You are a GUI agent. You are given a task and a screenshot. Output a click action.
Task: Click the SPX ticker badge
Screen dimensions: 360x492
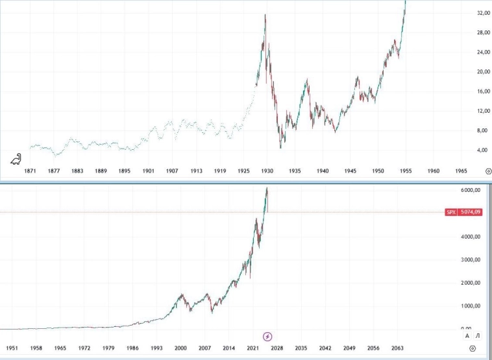click(x=451, y=212)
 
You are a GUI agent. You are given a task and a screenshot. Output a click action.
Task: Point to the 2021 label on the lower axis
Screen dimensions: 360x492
click(x=252, y=348)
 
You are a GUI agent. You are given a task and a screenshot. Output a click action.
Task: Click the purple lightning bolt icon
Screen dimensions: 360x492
click(x=267, y=336)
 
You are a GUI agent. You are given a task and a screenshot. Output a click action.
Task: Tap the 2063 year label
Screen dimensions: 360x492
click(x=399, y=348)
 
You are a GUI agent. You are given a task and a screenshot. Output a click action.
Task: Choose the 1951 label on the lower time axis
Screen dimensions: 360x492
click(x=12, y=348)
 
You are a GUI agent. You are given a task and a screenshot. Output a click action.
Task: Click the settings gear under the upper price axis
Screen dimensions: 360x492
click(x=487, y=171)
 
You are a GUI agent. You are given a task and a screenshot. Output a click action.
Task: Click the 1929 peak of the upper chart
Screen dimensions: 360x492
click(x=265, y=15)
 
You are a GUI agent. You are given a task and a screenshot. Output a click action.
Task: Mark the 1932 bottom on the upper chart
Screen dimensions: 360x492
click(x=281, y=147)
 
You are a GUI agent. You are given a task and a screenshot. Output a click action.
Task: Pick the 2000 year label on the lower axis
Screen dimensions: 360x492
click(x=180, y=348)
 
